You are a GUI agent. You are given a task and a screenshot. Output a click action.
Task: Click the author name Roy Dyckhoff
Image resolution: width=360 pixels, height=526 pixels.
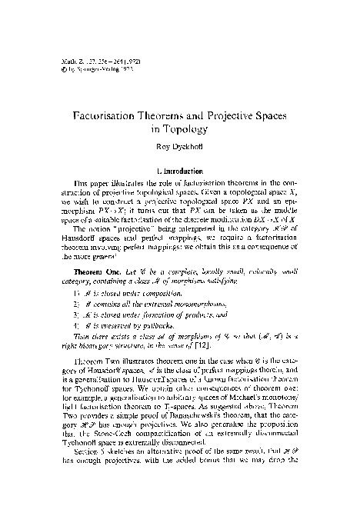tap(179, 148)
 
